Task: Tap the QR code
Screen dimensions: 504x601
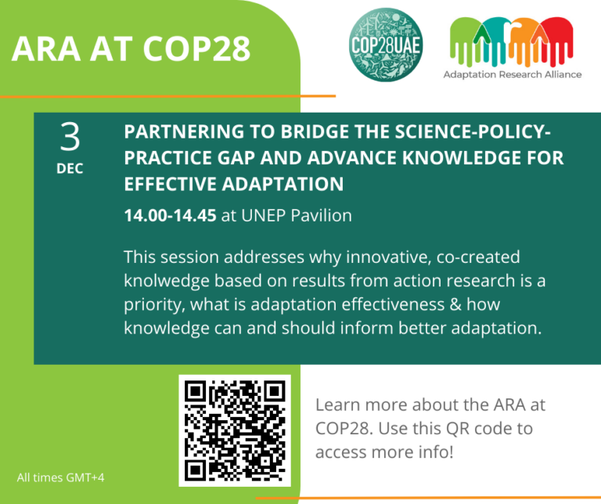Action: [234, 430]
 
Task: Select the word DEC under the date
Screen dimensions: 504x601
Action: [70, 168]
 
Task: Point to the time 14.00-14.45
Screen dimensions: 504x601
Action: [170, 216]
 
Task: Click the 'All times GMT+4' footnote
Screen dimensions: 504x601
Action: [59, 477]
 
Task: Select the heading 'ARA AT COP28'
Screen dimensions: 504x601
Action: [131, 49]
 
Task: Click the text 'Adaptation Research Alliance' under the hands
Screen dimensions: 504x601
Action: [513, 75]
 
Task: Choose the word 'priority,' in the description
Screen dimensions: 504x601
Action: [154, 304]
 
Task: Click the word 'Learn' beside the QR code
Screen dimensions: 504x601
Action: [338, 406]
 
